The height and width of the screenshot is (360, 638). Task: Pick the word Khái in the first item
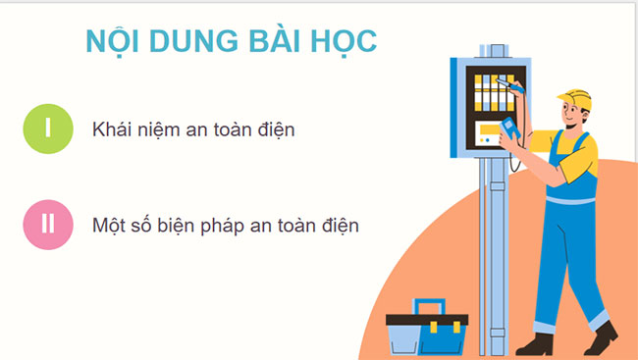point(111,129)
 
